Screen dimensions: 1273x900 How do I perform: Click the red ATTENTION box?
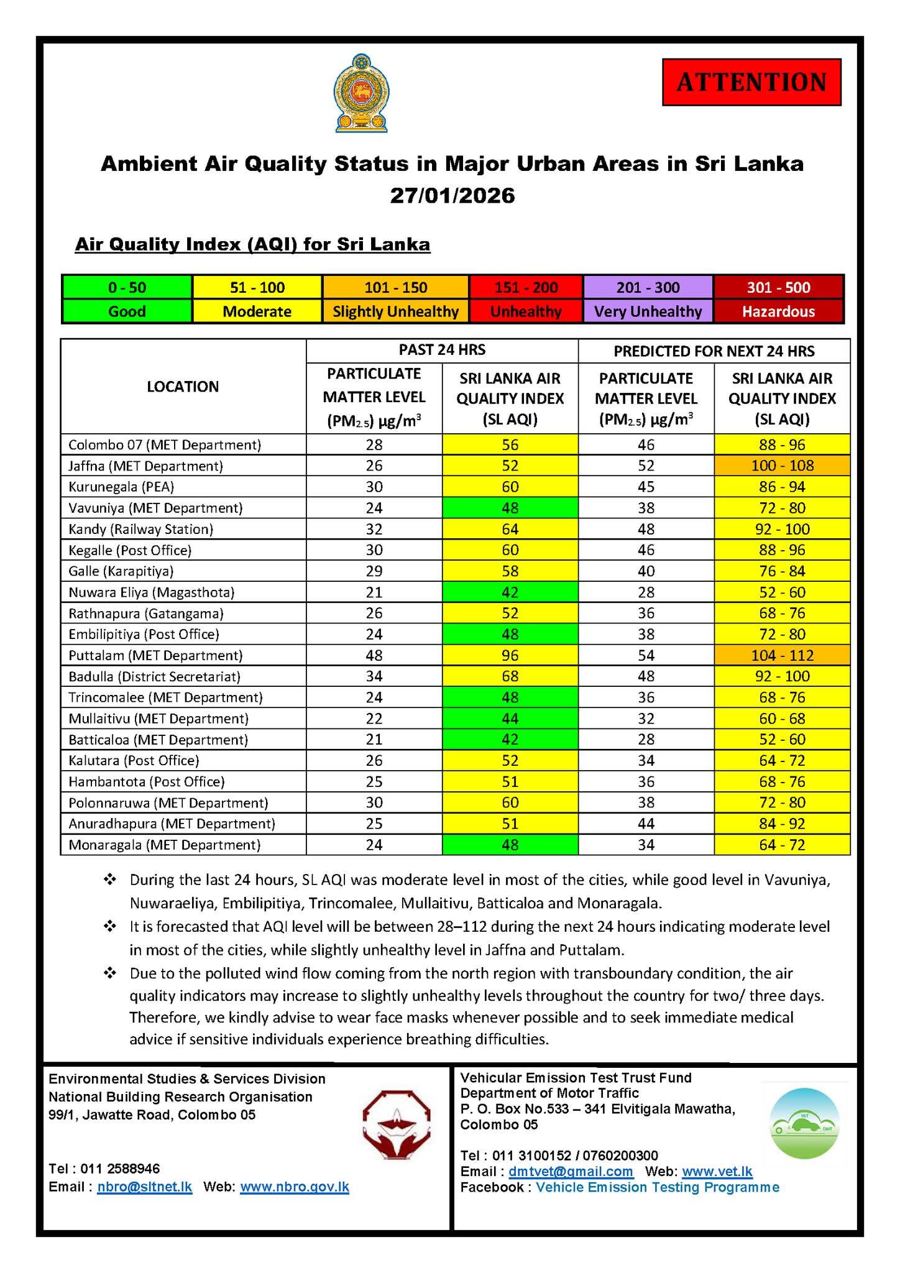click(x=751, y=82)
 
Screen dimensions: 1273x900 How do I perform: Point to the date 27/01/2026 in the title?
click(x=452, y=196)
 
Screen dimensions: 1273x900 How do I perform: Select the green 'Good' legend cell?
click(x=127, y=311)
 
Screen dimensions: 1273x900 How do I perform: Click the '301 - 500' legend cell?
click(x=778, y=287)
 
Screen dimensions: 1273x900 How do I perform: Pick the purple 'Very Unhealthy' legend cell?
click(x=648, y=311)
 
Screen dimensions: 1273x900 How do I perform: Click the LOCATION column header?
click(x=183, y=387)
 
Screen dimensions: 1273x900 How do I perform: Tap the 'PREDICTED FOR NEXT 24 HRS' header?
click(x=714, y=351)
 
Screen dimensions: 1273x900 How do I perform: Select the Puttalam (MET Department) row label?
click(x=155, y=655)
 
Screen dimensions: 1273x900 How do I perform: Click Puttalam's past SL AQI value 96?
click(x=510, y=655)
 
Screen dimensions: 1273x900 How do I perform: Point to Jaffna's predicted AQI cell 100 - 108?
click(x=782, y=466)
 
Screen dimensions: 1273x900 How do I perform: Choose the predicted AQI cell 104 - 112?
click(x=782, y=655)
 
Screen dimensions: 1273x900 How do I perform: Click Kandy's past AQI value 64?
click(x=510, y=529)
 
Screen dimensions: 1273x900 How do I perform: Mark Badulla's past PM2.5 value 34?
click(x=374, y=676)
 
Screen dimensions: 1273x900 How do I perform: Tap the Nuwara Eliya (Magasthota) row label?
click(x=152, y=592)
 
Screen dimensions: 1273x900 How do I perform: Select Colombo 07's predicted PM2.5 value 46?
click(x=646, y=444)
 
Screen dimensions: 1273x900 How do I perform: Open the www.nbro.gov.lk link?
click(x=295, y=1187)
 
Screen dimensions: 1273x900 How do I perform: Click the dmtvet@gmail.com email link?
click(x=571, y=1171)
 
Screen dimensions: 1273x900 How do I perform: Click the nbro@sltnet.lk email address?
click(x=145, y=1187)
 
